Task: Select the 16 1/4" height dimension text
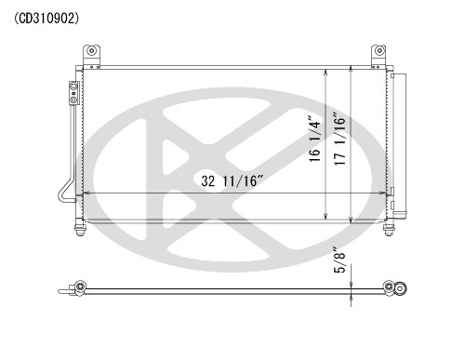tap(315, 140)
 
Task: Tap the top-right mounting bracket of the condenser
tap(379, 55)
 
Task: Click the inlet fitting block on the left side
tap(71, 92)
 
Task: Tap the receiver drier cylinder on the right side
tap(397, 140)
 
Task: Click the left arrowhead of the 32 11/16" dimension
tap(86, 193)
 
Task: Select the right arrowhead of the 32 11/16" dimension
tap(385, 193)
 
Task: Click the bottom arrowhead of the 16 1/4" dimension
tap(325, 219)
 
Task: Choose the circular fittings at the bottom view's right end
tap(399, 287)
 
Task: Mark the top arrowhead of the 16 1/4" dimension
tap(325, 72)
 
